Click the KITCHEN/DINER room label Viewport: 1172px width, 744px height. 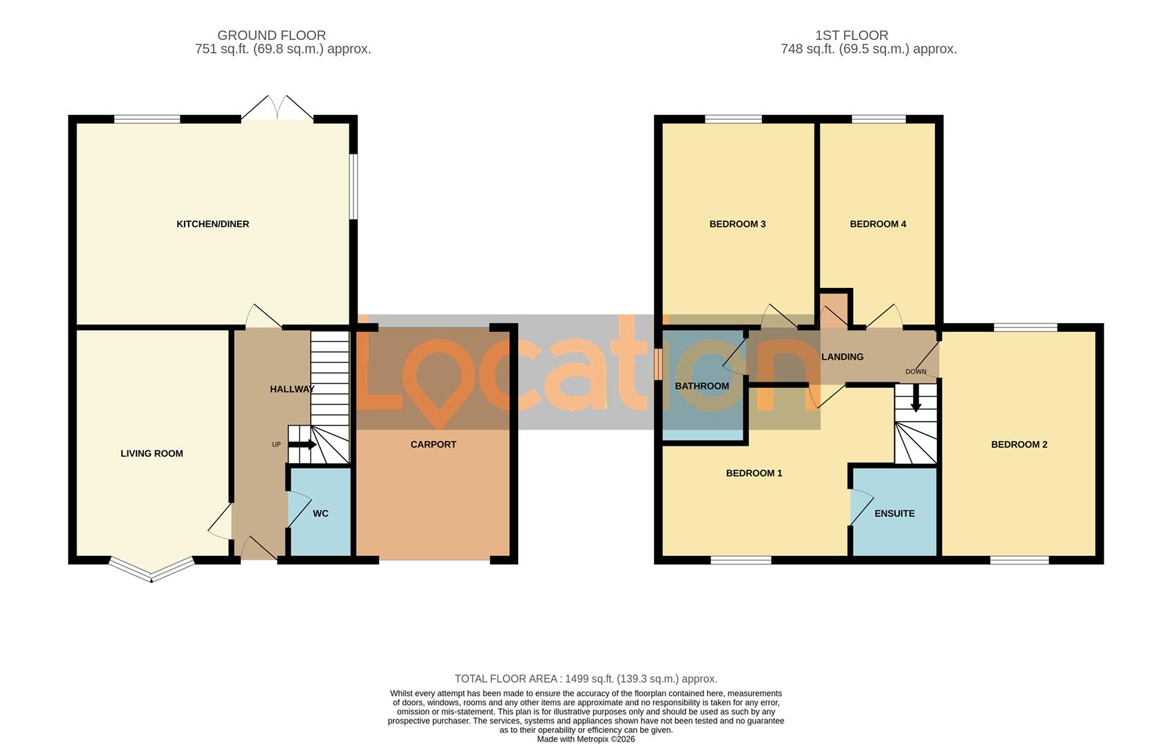pyautogui.click(x=212, y=224)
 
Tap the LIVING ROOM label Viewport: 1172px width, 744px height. pyautogui.click(x=152, y=453)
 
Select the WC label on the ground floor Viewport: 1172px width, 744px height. pyautogui.click(x=320, y=513)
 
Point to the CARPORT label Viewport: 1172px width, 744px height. pyautogui.click(x=433, y=444)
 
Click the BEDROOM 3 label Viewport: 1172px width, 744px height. pyautogui.click(x=737, y=224)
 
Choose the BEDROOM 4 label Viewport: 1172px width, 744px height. pyautogui.click(x=878, y=224)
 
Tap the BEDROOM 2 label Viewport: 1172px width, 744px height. pyautogui.click(x=1019, y=444)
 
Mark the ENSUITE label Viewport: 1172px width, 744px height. pyautogui.click(x=894, y=513)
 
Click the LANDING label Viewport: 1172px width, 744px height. pyautogui.click(x=842, y=357)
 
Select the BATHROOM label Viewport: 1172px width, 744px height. pyautogui.click(x=701, y=386)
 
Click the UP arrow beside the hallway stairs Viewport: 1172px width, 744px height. pyautogui.click(x=302, y=444)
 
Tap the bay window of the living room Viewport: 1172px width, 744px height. pyautogui.click(x=151, y=571)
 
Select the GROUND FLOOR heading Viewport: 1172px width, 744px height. pyautogui.click(x=271, y=35)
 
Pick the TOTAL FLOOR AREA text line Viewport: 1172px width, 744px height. pyautogui.click(x=586, y=679)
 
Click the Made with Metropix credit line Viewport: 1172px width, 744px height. pyautogui.click(x=586, y=739)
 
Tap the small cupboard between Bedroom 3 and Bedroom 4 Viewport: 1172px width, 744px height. pyautogui.click(x=834, y=308)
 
